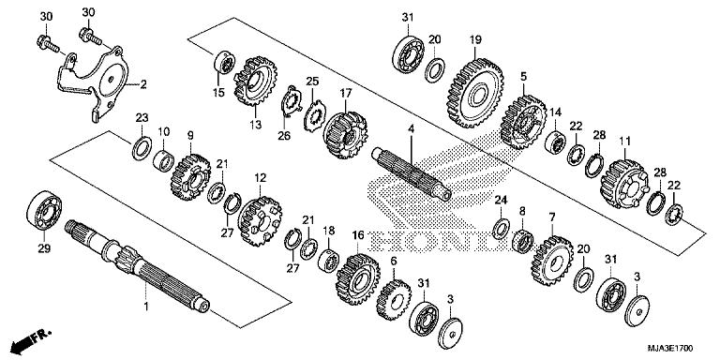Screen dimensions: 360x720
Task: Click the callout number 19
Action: click(x=475, y=38)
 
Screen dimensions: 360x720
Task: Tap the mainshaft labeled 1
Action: click(x=141, y=262)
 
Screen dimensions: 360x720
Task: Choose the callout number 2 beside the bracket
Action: click(x=144, y=84)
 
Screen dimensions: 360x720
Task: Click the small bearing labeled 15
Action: click(x=223, y=63)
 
